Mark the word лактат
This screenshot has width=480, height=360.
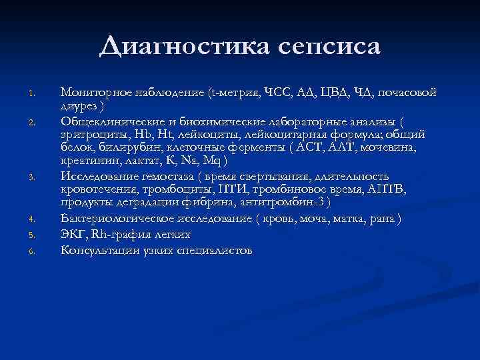141,162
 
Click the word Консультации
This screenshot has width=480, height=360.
101,250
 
